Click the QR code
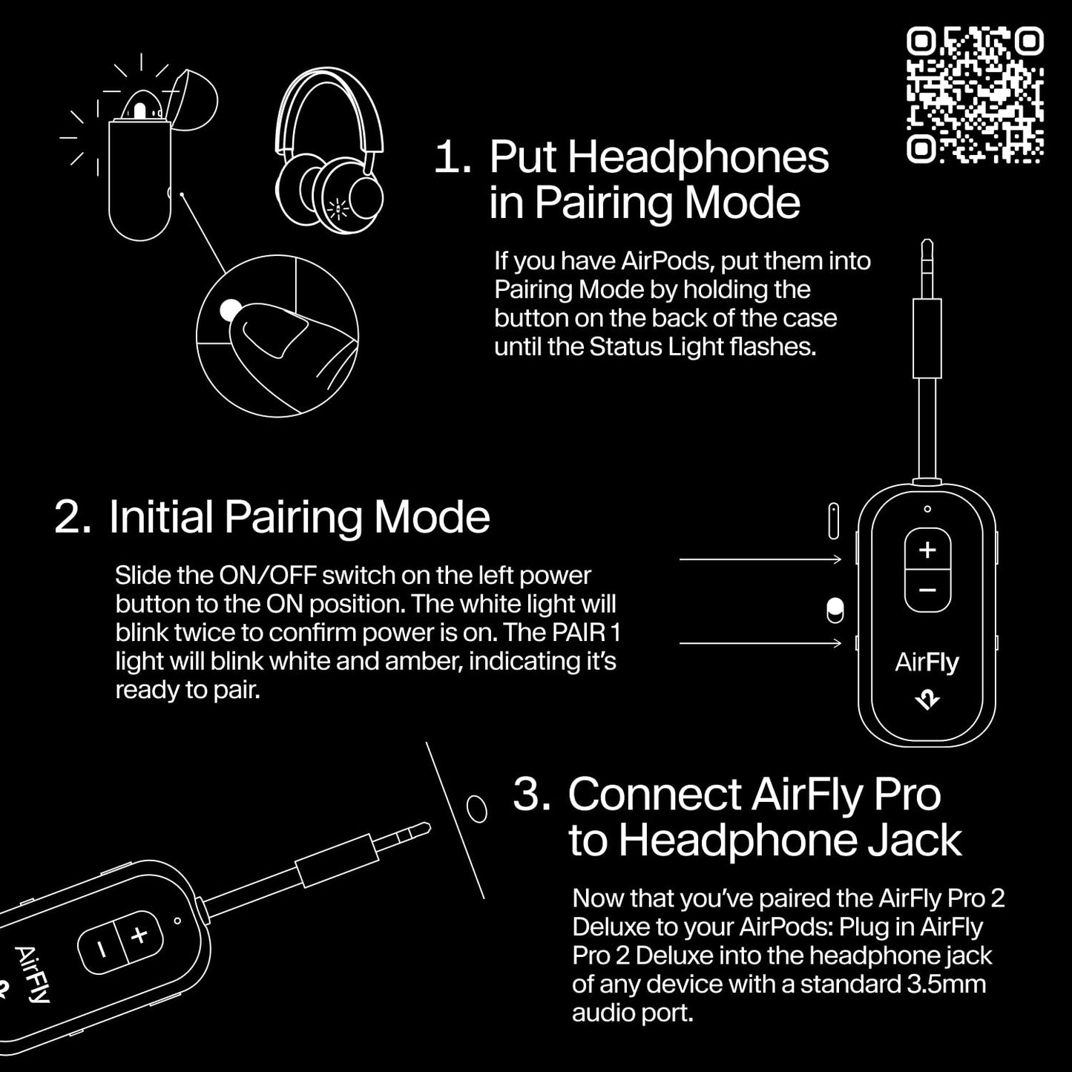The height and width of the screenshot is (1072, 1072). coord(975,95)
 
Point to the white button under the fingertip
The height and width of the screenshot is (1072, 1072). coord(231,310)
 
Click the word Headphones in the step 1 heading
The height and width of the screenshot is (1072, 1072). coord(659,158)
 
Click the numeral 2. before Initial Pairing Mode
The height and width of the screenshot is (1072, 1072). coord(72,517)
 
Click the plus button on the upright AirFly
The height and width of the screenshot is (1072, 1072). coord(927,550)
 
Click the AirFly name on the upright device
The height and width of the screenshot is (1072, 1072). coord(927,662)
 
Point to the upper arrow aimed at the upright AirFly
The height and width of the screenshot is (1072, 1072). coord(760,559)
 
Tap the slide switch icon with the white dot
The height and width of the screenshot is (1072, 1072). coord(835,610)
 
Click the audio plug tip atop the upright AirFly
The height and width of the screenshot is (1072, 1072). coord(927,256)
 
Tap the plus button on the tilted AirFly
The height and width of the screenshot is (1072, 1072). coord(139,935)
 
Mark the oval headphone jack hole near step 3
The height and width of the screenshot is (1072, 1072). coord(477,808)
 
